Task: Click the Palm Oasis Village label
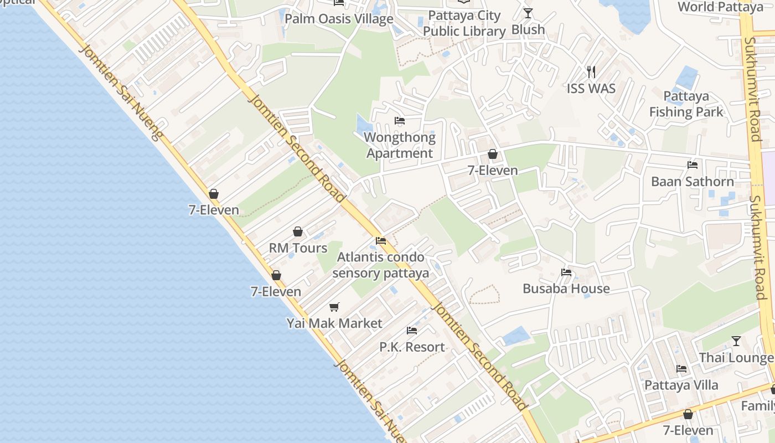339,19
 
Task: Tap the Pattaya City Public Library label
464,23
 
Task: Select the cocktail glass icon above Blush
528,13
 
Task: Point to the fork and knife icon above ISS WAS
591,71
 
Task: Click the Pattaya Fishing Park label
686,104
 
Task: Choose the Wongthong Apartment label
400,145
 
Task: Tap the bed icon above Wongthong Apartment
400,121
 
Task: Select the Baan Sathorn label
693,182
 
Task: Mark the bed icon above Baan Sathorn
693,164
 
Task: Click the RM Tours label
298,248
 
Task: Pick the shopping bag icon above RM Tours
298,231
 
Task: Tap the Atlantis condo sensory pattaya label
381,265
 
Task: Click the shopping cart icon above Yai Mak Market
334,306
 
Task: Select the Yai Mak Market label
334,323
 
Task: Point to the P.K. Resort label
412,347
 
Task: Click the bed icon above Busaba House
566,272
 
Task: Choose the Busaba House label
566,289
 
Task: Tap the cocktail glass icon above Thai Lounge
736,341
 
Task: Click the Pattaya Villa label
681,385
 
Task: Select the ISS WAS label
591,89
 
